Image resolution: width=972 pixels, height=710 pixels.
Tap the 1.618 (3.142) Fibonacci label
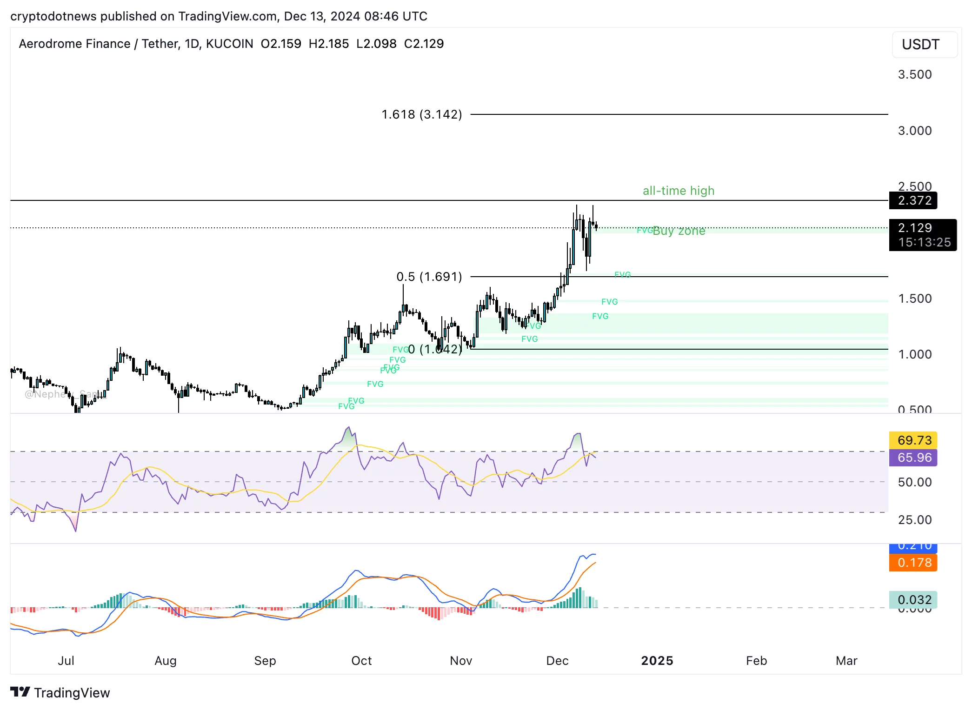421,114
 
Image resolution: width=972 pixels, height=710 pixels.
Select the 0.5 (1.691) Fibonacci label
429,277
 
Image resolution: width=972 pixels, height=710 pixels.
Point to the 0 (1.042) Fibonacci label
435,349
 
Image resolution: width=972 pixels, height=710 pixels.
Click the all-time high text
678,191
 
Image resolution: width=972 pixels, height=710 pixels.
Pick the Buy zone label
679,231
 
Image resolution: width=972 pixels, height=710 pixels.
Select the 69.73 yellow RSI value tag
914,440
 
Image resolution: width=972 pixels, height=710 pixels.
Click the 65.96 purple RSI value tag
914,458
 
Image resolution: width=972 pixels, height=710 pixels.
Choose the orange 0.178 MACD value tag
914,563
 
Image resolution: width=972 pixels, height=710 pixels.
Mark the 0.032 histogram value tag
914,600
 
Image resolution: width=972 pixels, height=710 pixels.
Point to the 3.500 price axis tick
914,74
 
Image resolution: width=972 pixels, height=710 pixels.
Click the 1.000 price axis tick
914,354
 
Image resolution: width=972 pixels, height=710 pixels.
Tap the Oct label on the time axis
361,661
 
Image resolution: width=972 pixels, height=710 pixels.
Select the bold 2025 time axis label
657,661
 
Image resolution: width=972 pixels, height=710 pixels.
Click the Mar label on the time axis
846,661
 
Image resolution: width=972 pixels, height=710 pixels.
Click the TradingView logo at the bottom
60,693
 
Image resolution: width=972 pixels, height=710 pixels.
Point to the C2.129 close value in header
424,44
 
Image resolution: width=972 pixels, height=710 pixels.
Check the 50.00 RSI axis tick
914,482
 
